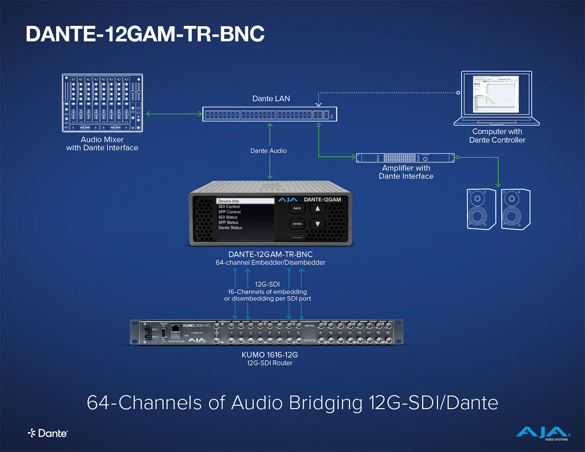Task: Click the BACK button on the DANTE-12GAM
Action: (x=297, y=208)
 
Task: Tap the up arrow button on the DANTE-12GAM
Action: (x=318, y=208)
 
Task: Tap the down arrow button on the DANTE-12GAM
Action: (x=318, y=224)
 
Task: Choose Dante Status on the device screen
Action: (x=230, y=228)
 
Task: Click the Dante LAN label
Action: (x=271, y=99)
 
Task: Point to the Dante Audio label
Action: (x=268, y=151)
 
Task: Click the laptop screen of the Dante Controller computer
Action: (x=496, y=94)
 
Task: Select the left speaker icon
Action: (x=481, y=209)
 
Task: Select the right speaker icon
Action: (x=516, y=209)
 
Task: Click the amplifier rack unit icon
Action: (x=405, y=158)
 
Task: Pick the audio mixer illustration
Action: (x=102, y=103)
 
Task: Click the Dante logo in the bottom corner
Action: (x=48, y=433)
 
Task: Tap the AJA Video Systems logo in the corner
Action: (x=543, y=433)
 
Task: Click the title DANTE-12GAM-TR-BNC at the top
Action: (x=145, y=34)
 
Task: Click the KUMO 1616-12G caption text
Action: (x=270, y=355)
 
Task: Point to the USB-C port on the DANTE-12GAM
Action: (x=297, y=235)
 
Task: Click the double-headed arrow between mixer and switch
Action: (x=174, y=114)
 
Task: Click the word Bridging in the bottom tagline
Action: (x=325, y=403)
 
